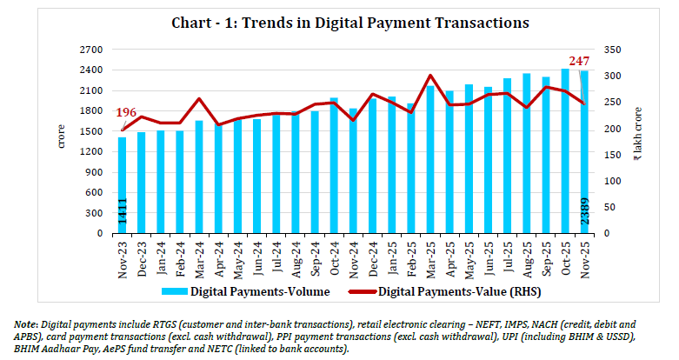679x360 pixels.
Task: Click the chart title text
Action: click(339, 23)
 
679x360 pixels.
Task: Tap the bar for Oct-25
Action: click(565, 152)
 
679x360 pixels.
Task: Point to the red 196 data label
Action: click(127, 113)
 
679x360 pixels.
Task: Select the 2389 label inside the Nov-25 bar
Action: click(584, 214)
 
